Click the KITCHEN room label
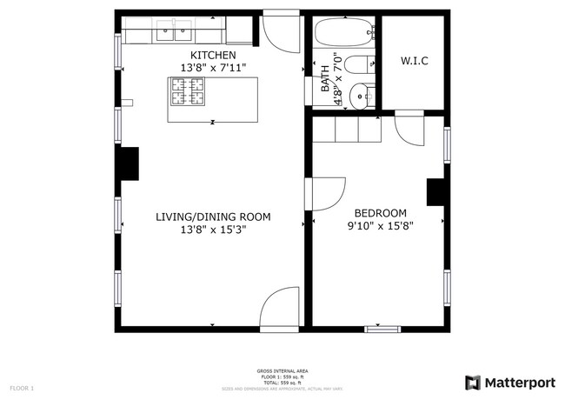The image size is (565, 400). pyautogui.click(x=213, y=55)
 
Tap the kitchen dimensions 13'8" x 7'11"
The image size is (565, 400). pyautogui.click(x=213, y=67)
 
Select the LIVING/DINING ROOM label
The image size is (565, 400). pyautogui.click(x=213, y=217)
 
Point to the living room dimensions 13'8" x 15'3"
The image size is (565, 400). pyautogui.click(x=213, y=230)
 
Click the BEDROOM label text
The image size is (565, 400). pyautogui.click(x=380, y=213)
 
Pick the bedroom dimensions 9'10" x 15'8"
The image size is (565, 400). pyautogui.click(x=380, y=225)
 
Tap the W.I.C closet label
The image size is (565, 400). pyautogui.click(x=414, y=61)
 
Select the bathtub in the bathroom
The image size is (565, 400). pyautogui.click(x=344, y=34)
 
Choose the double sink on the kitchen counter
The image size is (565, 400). pyautogui.click(x=174, y=34)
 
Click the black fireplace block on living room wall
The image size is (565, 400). pyautogui.click(x=129, y=163)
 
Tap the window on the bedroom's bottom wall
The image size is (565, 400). pyautogui.click(x=382, y=329)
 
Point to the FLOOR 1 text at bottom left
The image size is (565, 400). pyautogui.click(x=22, y=387)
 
